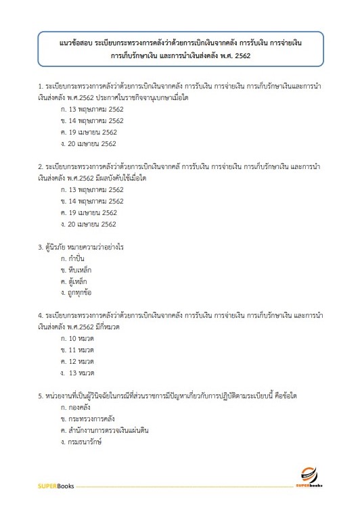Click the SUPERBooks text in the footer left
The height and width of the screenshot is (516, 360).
point(55,486)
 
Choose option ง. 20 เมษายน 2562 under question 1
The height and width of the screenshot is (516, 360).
point(88,143)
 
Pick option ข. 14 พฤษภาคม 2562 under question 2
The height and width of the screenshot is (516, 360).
point(91,201)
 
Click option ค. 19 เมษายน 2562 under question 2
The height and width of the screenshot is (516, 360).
point(88,212)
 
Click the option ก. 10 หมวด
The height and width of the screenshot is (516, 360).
point(76,338)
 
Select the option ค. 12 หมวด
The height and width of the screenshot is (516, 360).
point(76,361)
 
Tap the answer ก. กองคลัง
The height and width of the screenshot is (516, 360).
point(75,408)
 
